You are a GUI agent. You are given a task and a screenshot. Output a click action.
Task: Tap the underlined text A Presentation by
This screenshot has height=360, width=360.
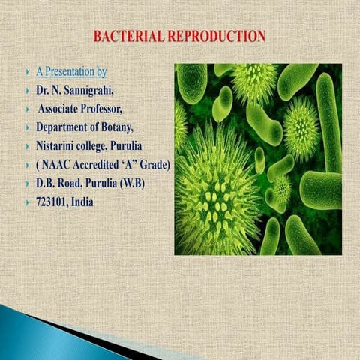coord(71,72)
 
